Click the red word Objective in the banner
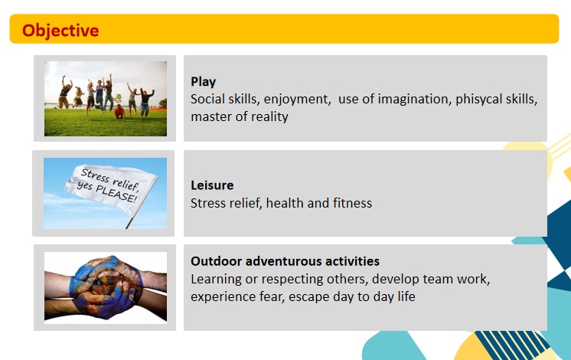60,31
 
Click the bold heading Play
203,82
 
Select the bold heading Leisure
212,185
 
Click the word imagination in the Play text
413,99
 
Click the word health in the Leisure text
285,203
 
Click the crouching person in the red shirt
119,112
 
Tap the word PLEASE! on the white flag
116,192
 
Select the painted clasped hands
106,287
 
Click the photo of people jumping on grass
106,99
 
